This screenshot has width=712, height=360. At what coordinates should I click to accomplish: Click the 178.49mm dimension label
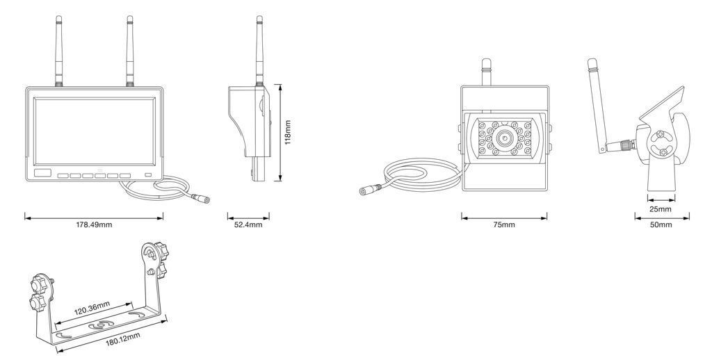point(94,225)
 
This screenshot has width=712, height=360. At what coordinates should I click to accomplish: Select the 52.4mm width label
point(248,225)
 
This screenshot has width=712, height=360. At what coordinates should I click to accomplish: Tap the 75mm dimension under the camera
point(504,225)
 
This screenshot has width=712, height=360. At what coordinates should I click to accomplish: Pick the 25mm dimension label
point(661,209)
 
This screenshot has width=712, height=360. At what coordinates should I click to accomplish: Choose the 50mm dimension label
point(661,225)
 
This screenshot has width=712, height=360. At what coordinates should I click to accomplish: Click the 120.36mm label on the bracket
point(92,306)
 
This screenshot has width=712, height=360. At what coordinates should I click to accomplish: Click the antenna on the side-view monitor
point(259,49)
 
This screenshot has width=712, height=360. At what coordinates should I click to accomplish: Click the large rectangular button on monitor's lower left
point(43,172)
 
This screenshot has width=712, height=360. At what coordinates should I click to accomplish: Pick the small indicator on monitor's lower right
point(147,174)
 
